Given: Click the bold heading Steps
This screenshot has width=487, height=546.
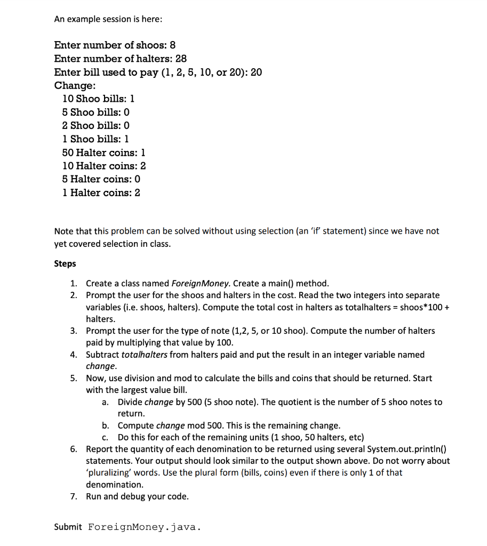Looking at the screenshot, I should pyautogui.click(x=65, y=264).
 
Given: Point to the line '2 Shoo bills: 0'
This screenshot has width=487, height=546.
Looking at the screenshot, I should pyautogui.click(x=96, y=126).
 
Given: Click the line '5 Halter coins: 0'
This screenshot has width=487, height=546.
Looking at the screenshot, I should pyautogui.click(x=101, y=179).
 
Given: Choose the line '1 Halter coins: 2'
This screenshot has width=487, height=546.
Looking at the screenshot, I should pyautogui.click(x=101, y=192).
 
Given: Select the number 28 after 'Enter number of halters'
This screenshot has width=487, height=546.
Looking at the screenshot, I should pyautogui.click(x=181, y=59).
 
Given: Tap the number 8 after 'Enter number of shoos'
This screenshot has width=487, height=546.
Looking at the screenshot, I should pyautogui.click(x=173, y=45).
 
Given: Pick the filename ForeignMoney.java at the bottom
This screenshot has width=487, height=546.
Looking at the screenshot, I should pyautogui.click(x=144, y=527).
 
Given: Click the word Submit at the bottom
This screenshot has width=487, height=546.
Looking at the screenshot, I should pyautogui.click(x=68, y=527).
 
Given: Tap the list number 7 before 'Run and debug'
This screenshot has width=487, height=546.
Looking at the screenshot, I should pyautogui.click(x=74, y=496).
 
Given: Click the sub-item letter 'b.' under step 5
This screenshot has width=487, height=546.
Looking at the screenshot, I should pyautogui.click(x=106, y=425).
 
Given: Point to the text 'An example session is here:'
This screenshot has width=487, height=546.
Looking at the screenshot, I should pyautogui.click(x=108, y=19).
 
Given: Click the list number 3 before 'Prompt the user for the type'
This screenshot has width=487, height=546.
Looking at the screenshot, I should pyautogui.click(x=74, y=331).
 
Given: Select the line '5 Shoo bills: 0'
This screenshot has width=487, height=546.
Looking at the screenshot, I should pyautogui.click(x=96, y=113).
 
